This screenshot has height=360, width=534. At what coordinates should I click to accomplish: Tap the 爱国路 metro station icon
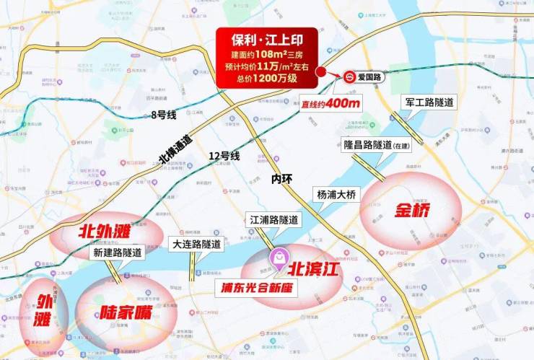coord(349,77)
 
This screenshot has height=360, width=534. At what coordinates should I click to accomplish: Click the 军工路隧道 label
coord(430,102)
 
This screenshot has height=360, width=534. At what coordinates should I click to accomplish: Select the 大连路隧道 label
coord(196,245)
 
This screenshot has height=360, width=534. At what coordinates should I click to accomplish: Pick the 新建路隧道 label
coord(118,253)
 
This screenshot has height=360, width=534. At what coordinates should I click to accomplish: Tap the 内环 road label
coord(282,178)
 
